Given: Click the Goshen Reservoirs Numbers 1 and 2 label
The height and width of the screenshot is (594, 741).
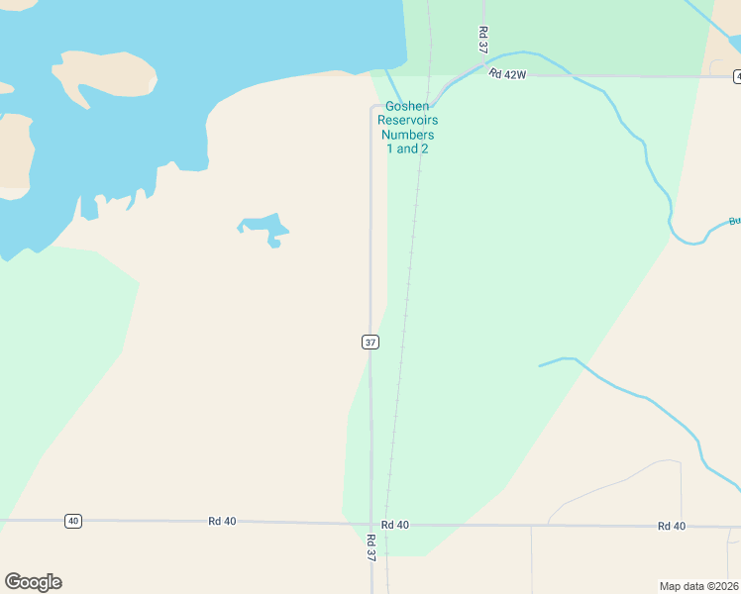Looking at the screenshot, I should pos(407,128).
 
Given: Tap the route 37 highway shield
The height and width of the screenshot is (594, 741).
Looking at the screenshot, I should pos(370,342).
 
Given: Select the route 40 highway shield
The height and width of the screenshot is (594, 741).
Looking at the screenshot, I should pos(72,521).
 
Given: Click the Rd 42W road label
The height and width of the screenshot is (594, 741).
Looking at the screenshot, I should pos(509,74).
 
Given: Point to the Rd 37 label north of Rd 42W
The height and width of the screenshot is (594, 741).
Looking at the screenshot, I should pos(482,40).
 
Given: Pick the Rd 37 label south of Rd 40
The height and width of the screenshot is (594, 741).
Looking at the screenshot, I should pos(370,548).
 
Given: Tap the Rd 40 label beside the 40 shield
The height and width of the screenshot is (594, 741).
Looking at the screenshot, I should pos(223,521).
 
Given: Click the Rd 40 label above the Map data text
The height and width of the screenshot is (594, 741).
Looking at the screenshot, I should pos(671,526).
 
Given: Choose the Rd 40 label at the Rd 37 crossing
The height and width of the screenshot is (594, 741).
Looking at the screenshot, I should pos(394,524).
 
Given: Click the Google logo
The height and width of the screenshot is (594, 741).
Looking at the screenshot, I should pos(33,582).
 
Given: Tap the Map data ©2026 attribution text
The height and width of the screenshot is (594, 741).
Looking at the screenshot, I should pos(699,585).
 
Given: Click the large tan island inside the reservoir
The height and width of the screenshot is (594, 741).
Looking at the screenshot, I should pos(105,73).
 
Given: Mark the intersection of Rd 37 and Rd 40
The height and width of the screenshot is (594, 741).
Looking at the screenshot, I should pos(372,524).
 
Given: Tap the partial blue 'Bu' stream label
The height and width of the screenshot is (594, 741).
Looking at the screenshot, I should pos(734,222).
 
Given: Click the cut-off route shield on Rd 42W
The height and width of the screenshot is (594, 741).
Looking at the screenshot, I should pos(737,76).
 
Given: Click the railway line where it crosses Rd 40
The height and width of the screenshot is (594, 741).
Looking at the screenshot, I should pos(386,524).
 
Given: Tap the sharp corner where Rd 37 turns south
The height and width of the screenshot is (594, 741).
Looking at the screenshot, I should pos(372,106).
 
